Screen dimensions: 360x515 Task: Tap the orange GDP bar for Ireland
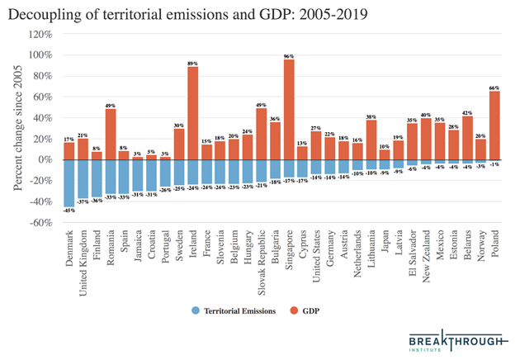[x=192, y=112]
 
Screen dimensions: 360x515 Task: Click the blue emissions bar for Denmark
[x=69, y=182]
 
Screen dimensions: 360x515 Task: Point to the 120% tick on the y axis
[x=43, y=34]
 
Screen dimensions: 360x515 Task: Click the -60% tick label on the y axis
[x=41, y=222]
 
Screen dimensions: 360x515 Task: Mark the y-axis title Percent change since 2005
[x=17, y=128]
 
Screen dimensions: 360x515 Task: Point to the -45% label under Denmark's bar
[x=69, y=210]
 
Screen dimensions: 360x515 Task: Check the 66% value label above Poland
[x=495, y=86]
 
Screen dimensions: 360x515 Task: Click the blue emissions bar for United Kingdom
[x=83, y=178]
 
